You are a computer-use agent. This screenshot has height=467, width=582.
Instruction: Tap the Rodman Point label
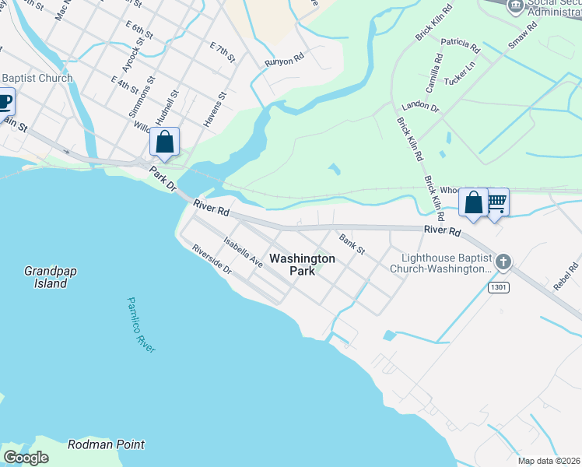[x=106, y=444]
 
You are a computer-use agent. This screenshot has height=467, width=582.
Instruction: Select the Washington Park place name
[x=302, y=265]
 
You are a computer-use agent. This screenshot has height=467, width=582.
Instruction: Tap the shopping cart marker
[x=496, y=203]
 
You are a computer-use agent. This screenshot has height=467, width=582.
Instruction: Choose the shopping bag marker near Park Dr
[x=164, y=142]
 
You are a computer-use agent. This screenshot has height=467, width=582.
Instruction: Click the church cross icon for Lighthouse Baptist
[x=503, y=262]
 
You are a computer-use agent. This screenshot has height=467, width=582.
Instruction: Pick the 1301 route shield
[x=499, y=288]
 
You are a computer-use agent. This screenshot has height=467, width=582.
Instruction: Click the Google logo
[x=26, y=458]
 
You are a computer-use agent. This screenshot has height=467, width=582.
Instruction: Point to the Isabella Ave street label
[x=243, y=253]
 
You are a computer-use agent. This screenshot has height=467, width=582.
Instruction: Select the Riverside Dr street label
[x=212, y=259]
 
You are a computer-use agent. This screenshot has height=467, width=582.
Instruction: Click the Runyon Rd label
[x=284, y=61]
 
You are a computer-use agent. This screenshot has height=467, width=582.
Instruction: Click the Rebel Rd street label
[x=566, y=277]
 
